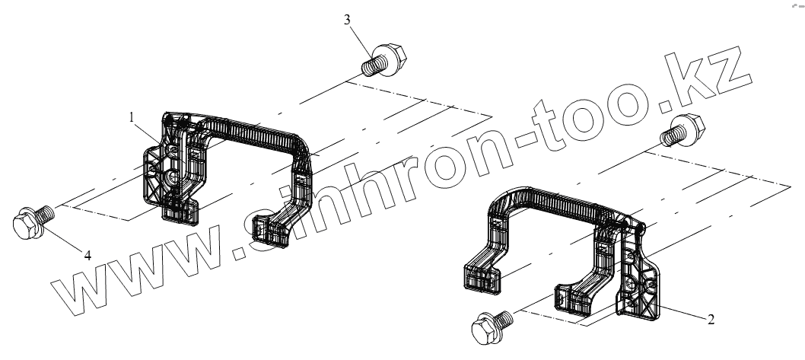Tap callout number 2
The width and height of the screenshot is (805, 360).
click(711, 320)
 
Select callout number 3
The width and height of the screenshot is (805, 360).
click(347, 20)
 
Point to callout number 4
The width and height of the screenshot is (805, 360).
click(87, 256)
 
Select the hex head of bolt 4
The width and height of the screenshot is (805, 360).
click(26, 223)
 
